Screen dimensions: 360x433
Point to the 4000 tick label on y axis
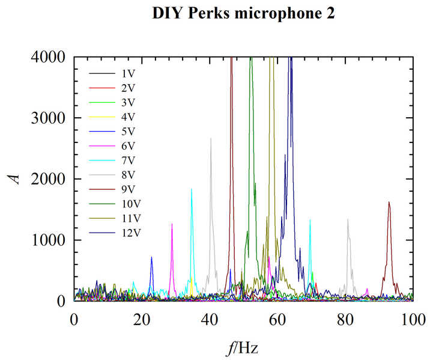tap(50, 58)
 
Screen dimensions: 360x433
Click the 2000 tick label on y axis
tap(50, 179)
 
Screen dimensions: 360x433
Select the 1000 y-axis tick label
tap(50, 240)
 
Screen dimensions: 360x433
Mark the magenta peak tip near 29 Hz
tap(172, 224)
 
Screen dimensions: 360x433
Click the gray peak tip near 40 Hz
tap(211, 138)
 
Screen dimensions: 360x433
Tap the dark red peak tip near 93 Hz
tap(389, 202)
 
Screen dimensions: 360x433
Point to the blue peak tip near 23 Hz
tap(151, 257)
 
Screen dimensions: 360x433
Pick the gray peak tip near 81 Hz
tap(348, 219)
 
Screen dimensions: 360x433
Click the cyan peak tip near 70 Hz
tap(310, 220)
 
